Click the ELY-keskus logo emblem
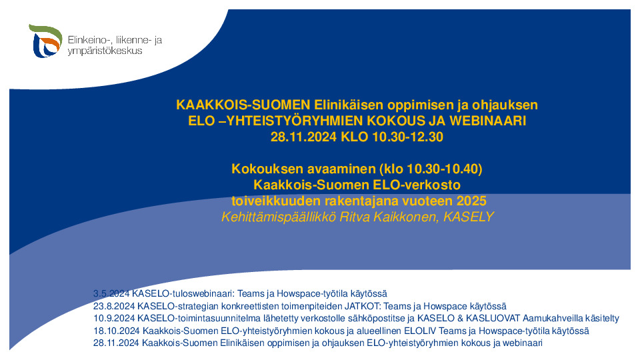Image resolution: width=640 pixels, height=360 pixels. [x=45, y=41]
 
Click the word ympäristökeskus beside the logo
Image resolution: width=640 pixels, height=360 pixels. [x=105, y=51]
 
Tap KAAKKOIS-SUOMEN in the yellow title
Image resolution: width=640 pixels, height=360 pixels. [x=243, y=105]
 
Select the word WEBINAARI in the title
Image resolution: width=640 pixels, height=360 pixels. [x=488, y=121]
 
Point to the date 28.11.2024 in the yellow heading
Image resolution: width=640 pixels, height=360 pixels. [x=304, y=137]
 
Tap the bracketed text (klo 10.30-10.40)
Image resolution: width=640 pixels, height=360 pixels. [x=431, y=169]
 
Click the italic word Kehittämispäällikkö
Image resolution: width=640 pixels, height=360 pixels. [x=279, y=217]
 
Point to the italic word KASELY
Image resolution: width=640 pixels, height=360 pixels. [x=469, y=217]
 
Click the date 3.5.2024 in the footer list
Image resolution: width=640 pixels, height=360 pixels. [x=111, y=293]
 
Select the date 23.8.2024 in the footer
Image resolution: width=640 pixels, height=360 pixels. [x=114, y=306]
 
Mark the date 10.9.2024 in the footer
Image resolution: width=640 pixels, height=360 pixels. [x=114, y=319]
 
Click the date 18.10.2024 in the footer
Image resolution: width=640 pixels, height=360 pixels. [x=116, y=331]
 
